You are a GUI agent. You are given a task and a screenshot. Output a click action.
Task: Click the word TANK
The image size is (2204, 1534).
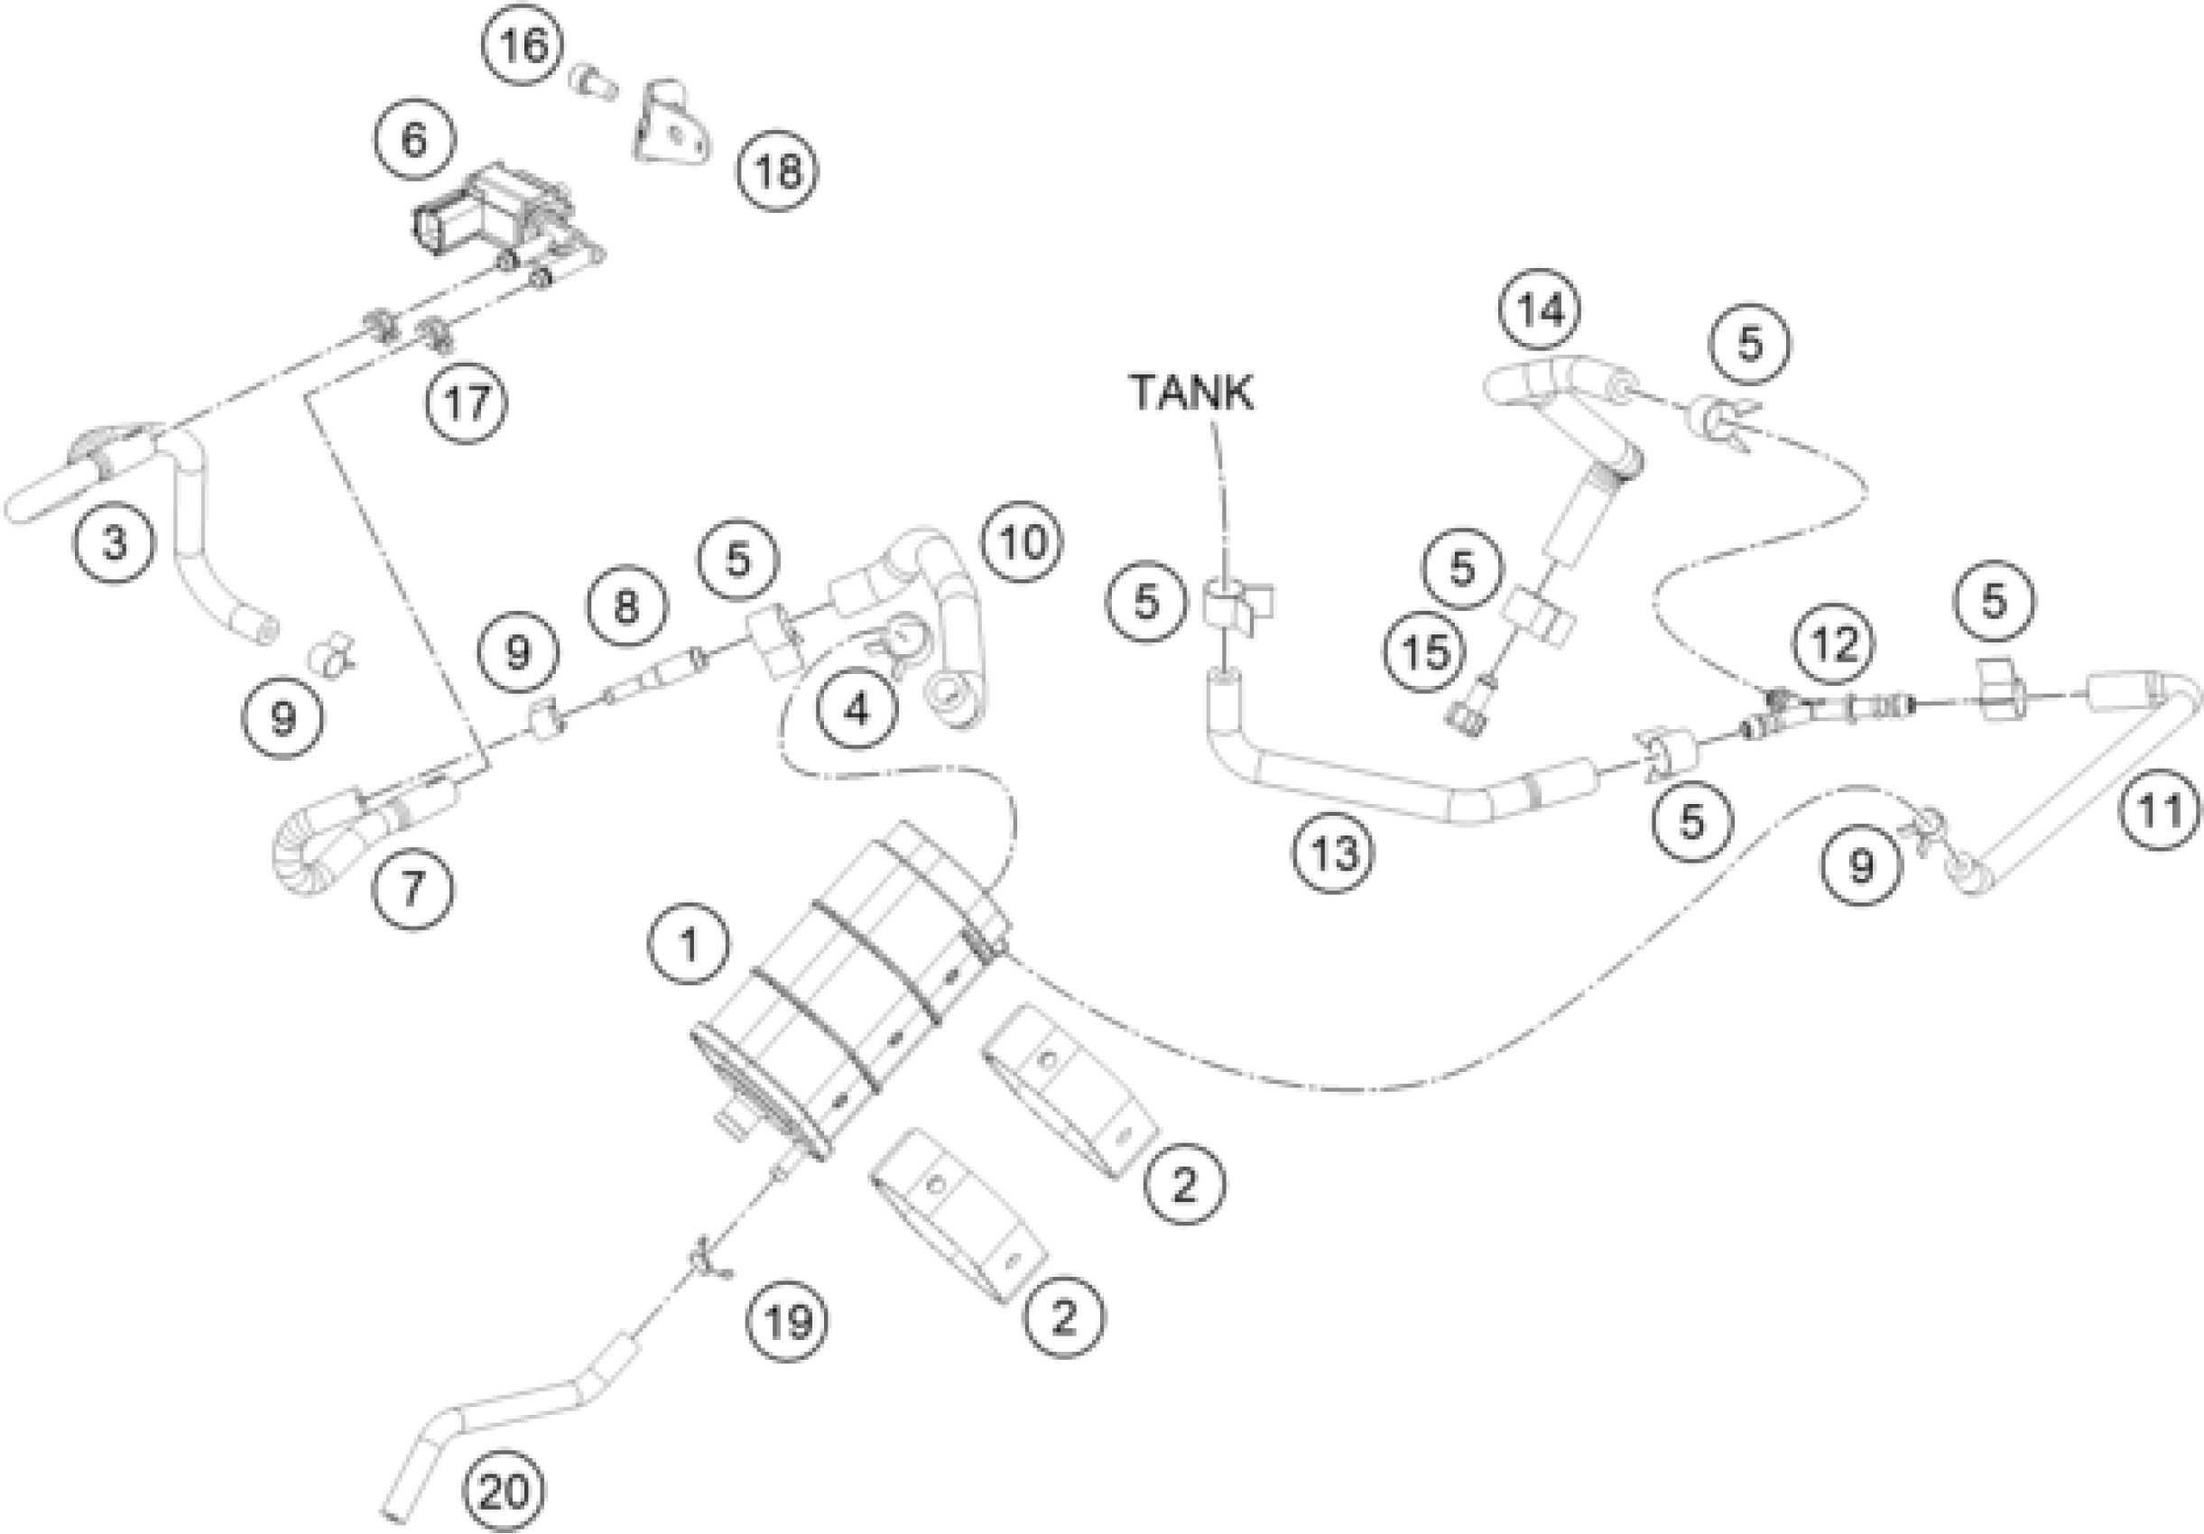[1191, 393]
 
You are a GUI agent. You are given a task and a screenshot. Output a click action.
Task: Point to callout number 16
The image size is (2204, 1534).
[524, 45]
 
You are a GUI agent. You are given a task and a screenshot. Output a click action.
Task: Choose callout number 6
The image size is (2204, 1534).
[413, 140]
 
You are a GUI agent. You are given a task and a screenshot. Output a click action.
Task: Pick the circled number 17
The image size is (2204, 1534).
[468, 402]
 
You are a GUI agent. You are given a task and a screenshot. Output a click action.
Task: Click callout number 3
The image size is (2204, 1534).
[116, 541]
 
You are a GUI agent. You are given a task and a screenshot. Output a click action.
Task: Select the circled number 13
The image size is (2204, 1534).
[1333, 851]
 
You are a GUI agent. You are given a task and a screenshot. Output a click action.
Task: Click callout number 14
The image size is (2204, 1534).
[1541, 310]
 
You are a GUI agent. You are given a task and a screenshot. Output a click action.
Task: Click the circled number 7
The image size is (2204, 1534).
[412, 888]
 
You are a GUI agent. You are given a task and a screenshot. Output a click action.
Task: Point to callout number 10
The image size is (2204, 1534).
[1023, 542]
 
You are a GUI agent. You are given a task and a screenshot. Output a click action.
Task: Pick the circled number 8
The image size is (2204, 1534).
[625, 605]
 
